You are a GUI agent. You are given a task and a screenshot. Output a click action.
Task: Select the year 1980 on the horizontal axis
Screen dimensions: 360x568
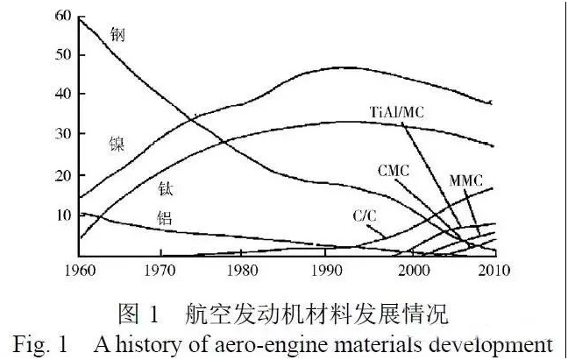243,272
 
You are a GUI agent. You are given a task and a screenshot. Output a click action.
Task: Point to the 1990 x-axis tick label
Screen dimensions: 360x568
326,272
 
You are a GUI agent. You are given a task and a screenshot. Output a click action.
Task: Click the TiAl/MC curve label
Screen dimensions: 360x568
408,111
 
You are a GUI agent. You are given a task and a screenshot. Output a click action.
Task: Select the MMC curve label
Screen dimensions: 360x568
468,179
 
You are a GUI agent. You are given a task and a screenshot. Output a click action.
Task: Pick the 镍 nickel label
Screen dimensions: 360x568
117,142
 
